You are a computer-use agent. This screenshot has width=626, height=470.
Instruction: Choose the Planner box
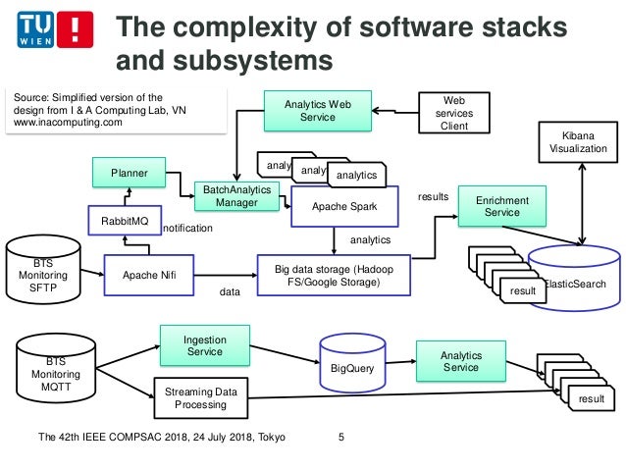coord(129,174)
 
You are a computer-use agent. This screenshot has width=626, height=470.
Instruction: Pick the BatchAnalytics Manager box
coord(236,195)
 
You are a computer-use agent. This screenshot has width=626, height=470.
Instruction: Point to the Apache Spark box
coord(344,208)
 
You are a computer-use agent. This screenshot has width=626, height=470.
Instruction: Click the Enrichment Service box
coord(500,207)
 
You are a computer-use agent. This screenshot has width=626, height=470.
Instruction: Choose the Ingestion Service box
coord(204,346)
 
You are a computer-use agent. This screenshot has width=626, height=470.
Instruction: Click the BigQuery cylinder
coord(352,366)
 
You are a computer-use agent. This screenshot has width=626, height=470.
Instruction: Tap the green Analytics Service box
coord(461,361)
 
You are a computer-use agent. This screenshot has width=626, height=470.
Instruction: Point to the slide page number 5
coord(340,437)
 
